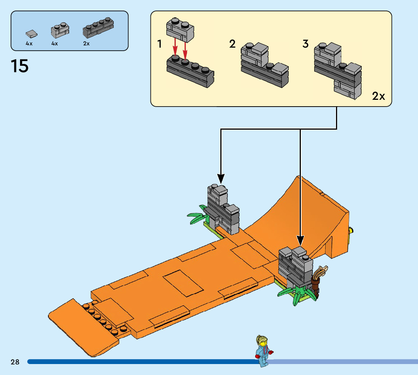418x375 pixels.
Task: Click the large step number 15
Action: click(x=20, y=66)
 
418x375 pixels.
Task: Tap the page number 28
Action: click(x=15, y=362)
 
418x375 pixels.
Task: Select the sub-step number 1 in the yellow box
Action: click(x=159, y=44)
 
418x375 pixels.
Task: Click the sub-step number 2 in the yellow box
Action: click(x=232, y=44)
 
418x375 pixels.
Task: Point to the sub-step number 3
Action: click(x=305, y=44)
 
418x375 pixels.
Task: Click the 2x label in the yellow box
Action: click(x=378, y=96)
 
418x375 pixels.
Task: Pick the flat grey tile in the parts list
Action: click(x=32, y=34)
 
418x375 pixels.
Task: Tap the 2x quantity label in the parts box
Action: click(x=87, y=43)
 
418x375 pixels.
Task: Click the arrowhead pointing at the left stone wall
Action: click(x=221, y=178)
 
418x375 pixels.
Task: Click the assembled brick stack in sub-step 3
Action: click(x=337, y=70)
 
